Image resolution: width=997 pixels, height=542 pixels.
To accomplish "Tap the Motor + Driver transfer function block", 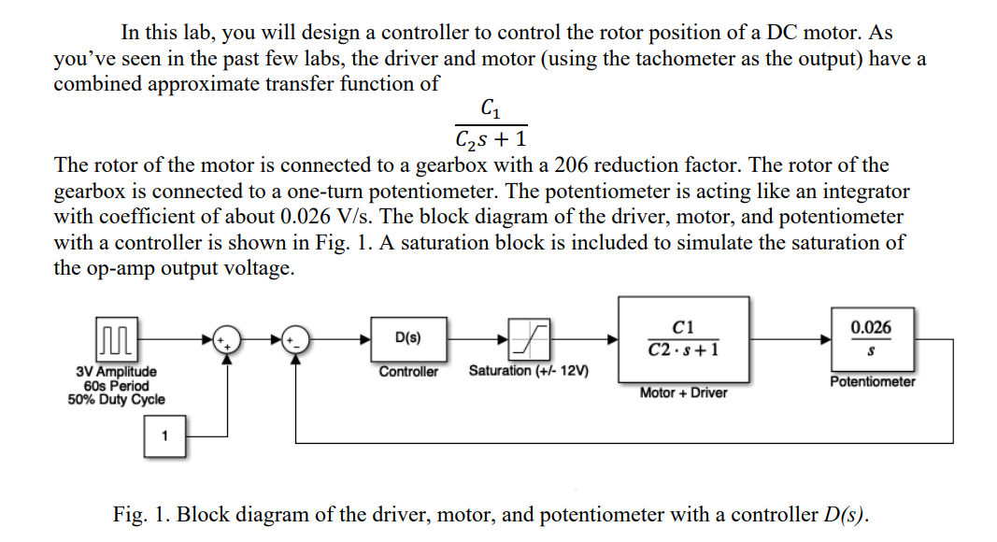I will tap(683, 338).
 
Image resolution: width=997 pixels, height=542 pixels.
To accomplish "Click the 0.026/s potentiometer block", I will tap(871, 338).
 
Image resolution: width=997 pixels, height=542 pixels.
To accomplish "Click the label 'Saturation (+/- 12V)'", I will tap(528, 371).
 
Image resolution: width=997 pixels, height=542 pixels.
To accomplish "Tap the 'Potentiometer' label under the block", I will tap(872, 382).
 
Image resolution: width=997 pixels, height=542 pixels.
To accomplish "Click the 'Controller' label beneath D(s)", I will tap(408, 372).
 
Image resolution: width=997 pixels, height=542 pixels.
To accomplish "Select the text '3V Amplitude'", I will tap(116, 372).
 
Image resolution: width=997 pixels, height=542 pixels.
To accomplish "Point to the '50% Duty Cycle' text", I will tap(116, 400).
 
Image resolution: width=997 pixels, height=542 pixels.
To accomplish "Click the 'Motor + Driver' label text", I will tap(683, 392).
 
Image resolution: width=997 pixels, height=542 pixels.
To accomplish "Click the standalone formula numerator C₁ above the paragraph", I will tap(491, 109).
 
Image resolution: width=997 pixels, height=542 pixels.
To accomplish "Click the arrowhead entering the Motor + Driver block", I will tap(612, 338).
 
